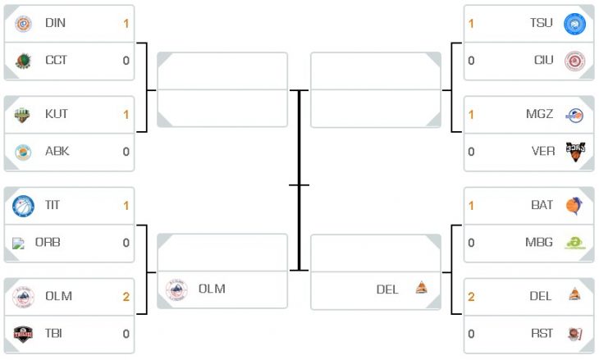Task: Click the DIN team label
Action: coord(56,23)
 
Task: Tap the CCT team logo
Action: coord(23,61)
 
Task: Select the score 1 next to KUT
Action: coord(126,115)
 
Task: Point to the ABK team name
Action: coord(57,151)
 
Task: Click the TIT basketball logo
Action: coord(23,206)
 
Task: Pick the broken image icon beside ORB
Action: coord(18,244)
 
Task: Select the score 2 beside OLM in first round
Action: coord(126,297)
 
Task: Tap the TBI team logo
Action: coord(23,334)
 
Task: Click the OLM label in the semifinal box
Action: coord(212,289)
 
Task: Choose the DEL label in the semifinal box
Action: coord(387,289)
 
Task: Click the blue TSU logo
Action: coord(575,24)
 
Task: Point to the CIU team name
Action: coord(543,61)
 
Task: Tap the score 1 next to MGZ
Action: coord(471,115)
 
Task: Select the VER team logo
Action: coord(575,152)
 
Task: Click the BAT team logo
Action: coord(574,206)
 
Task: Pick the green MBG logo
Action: coord(575,243)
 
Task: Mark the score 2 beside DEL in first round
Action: coord(472,297)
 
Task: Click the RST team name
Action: coord(542,334)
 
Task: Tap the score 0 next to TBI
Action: coord(126,334)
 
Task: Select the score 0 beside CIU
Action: coord(472,61)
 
